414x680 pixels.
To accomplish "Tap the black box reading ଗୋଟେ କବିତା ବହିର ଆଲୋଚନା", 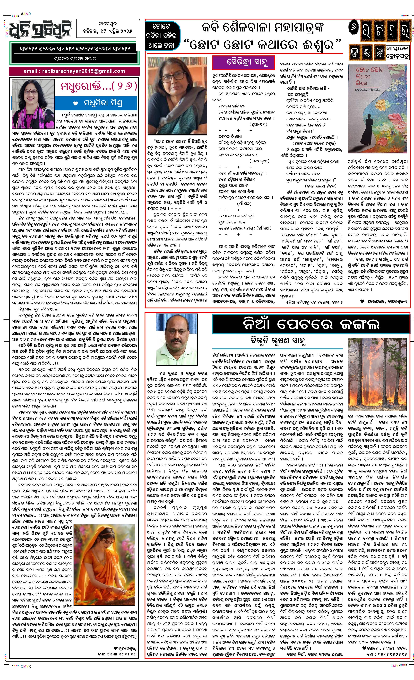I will tap(163, 36).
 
